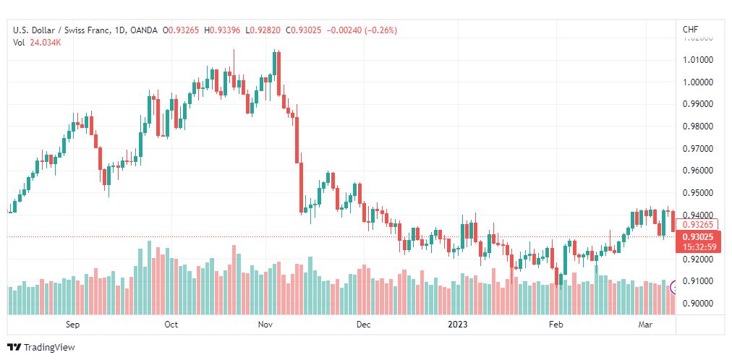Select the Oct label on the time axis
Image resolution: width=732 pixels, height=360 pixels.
coord(171,325)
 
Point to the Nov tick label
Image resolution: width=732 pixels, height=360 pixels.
coord(265,325)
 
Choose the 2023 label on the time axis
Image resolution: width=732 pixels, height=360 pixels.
coord(457,325)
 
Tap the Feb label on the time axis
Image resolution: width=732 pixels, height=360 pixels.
coord(556,325)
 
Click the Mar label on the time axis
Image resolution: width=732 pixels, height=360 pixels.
coord(645,325)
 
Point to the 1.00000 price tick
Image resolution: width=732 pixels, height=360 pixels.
coord(698,82)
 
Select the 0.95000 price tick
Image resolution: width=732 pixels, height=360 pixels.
coord(698,192)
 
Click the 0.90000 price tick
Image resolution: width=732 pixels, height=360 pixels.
coord(698,303)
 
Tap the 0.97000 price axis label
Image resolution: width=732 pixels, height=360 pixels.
coord(698,148)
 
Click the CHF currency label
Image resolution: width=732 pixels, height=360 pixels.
coord(690,30)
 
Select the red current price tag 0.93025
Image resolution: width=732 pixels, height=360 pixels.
coord(699,236)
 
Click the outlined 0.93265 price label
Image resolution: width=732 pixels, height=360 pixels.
coord(699,224)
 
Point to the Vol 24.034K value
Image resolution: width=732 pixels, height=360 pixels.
coord(45,43)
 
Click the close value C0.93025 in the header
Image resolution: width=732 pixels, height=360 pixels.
coord(304,30)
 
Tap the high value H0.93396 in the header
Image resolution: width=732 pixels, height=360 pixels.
coord(224,30)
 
